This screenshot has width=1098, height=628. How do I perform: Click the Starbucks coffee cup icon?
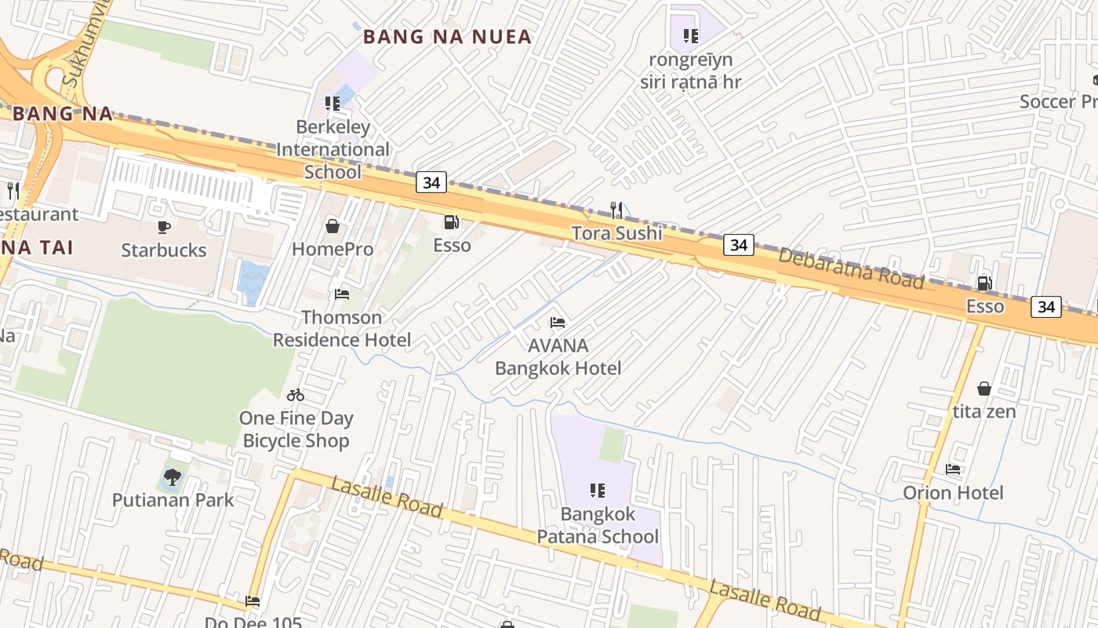coord(163,228)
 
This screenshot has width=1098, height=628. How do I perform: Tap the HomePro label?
coord(333,249)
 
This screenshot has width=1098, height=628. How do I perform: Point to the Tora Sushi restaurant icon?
coord(616,210)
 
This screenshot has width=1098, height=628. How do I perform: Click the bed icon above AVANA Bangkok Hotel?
coord(558,322)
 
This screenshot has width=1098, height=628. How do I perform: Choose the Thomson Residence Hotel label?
coord(342,329)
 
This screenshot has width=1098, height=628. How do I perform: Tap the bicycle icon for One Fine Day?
coord(296,395)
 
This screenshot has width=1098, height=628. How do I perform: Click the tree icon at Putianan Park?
coord(173,476)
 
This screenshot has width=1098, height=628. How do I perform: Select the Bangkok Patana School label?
coord(598,526)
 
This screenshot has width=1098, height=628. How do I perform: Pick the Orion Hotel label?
coord(953,493)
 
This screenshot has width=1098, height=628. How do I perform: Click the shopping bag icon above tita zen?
coord(983,389)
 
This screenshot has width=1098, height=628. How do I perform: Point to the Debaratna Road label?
coord(851,269)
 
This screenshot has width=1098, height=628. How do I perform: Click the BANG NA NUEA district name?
coord(448,37)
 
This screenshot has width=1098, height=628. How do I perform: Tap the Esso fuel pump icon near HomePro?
coord(452,222)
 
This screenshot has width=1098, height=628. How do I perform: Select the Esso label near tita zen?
coord(985,306)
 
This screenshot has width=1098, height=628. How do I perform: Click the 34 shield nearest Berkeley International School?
coord(431,183)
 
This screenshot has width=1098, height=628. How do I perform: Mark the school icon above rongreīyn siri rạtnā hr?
coord(690,35)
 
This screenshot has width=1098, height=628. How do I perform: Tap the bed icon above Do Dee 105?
coord(253,601)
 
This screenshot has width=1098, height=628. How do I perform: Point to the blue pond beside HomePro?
coord(253,282)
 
